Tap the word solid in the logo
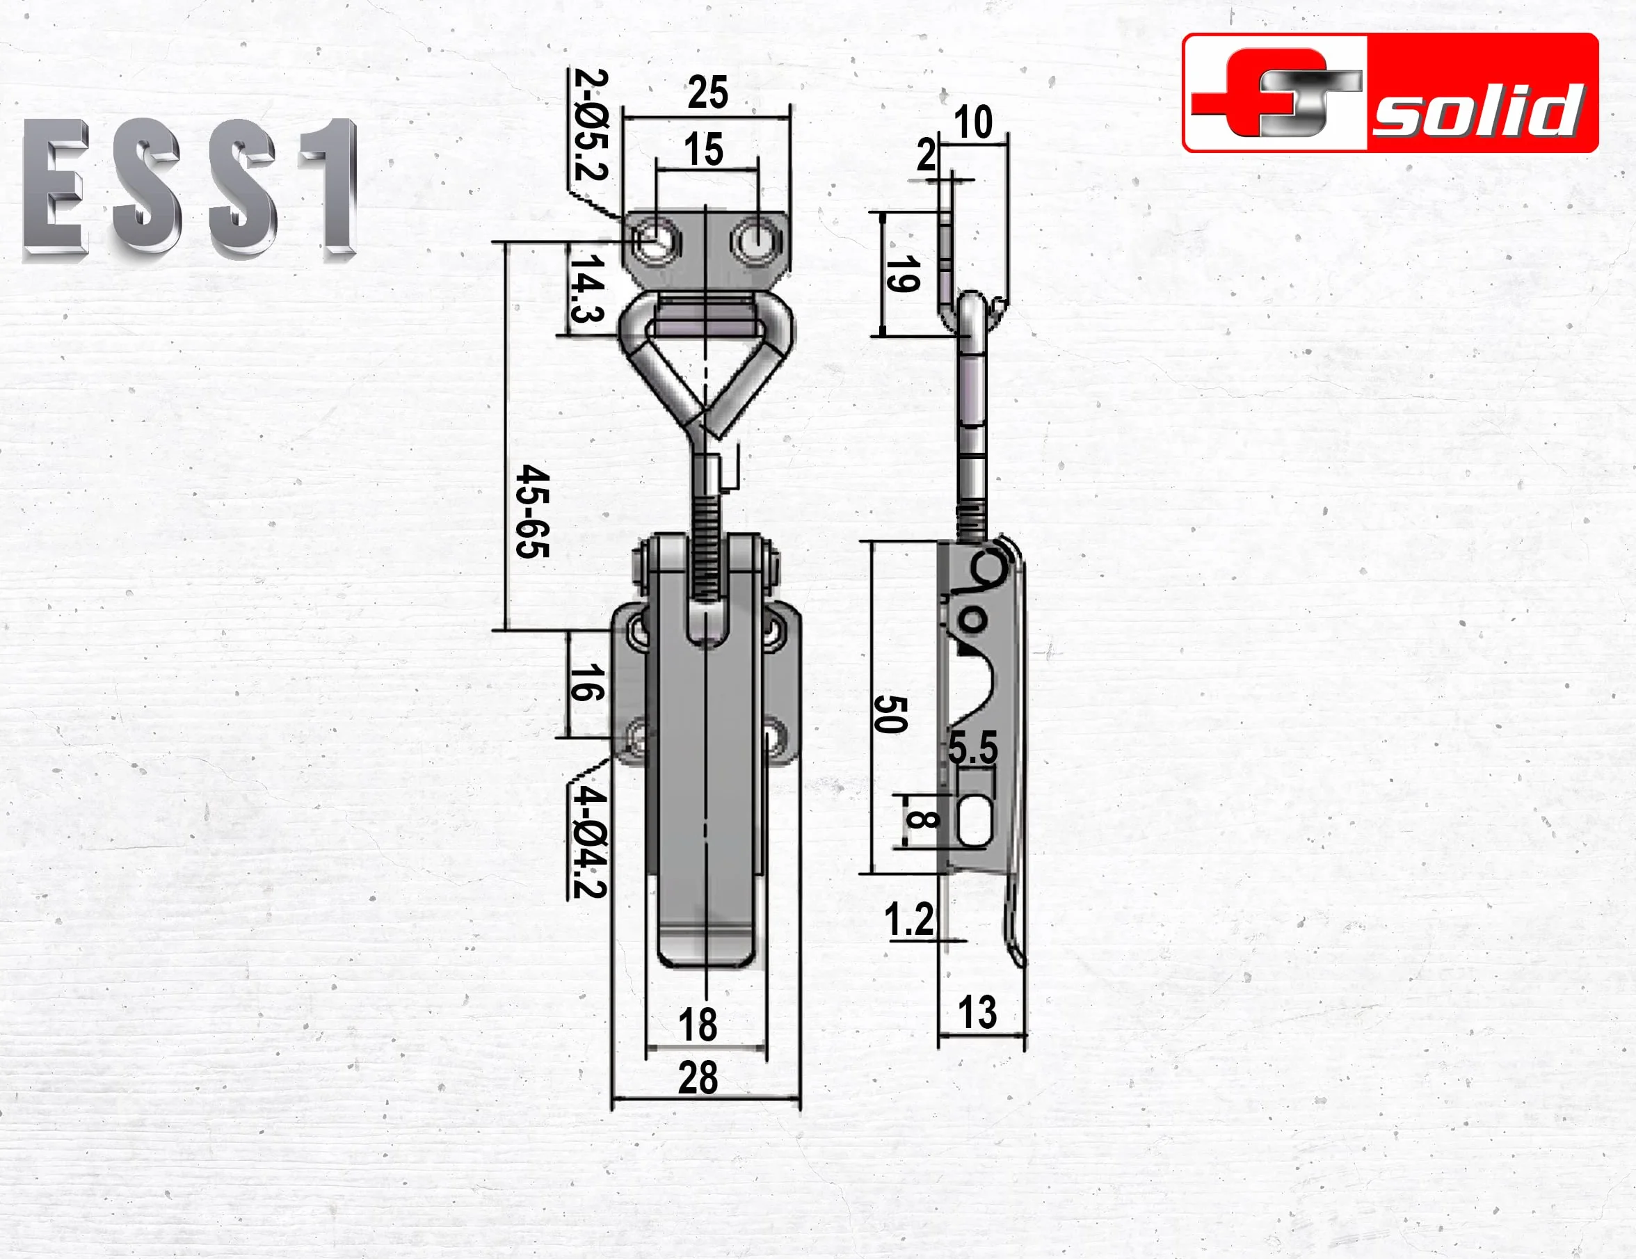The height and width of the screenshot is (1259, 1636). pyautogui.click(x=1479, y=111)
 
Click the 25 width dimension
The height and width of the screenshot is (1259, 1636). pyautogui.click(x=707, y=93)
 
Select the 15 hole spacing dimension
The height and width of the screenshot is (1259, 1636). pyautogui.click(x=703, y=150)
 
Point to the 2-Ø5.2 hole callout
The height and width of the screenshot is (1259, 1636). pyautogui.click(x=591, y=125)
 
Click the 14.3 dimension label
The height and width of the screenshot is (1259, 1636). pyautogui.click(x=587, y=289)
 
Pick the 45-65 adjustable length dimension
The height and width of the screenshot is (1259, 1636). pyautogui.click(x=533, y=511)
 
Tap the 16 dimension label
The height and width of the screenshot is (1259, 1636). pyautogui.click(x=586, y=682)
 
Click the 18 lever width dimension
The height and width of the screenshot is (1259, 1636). pyautogui.click(x=698, y=1024)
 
